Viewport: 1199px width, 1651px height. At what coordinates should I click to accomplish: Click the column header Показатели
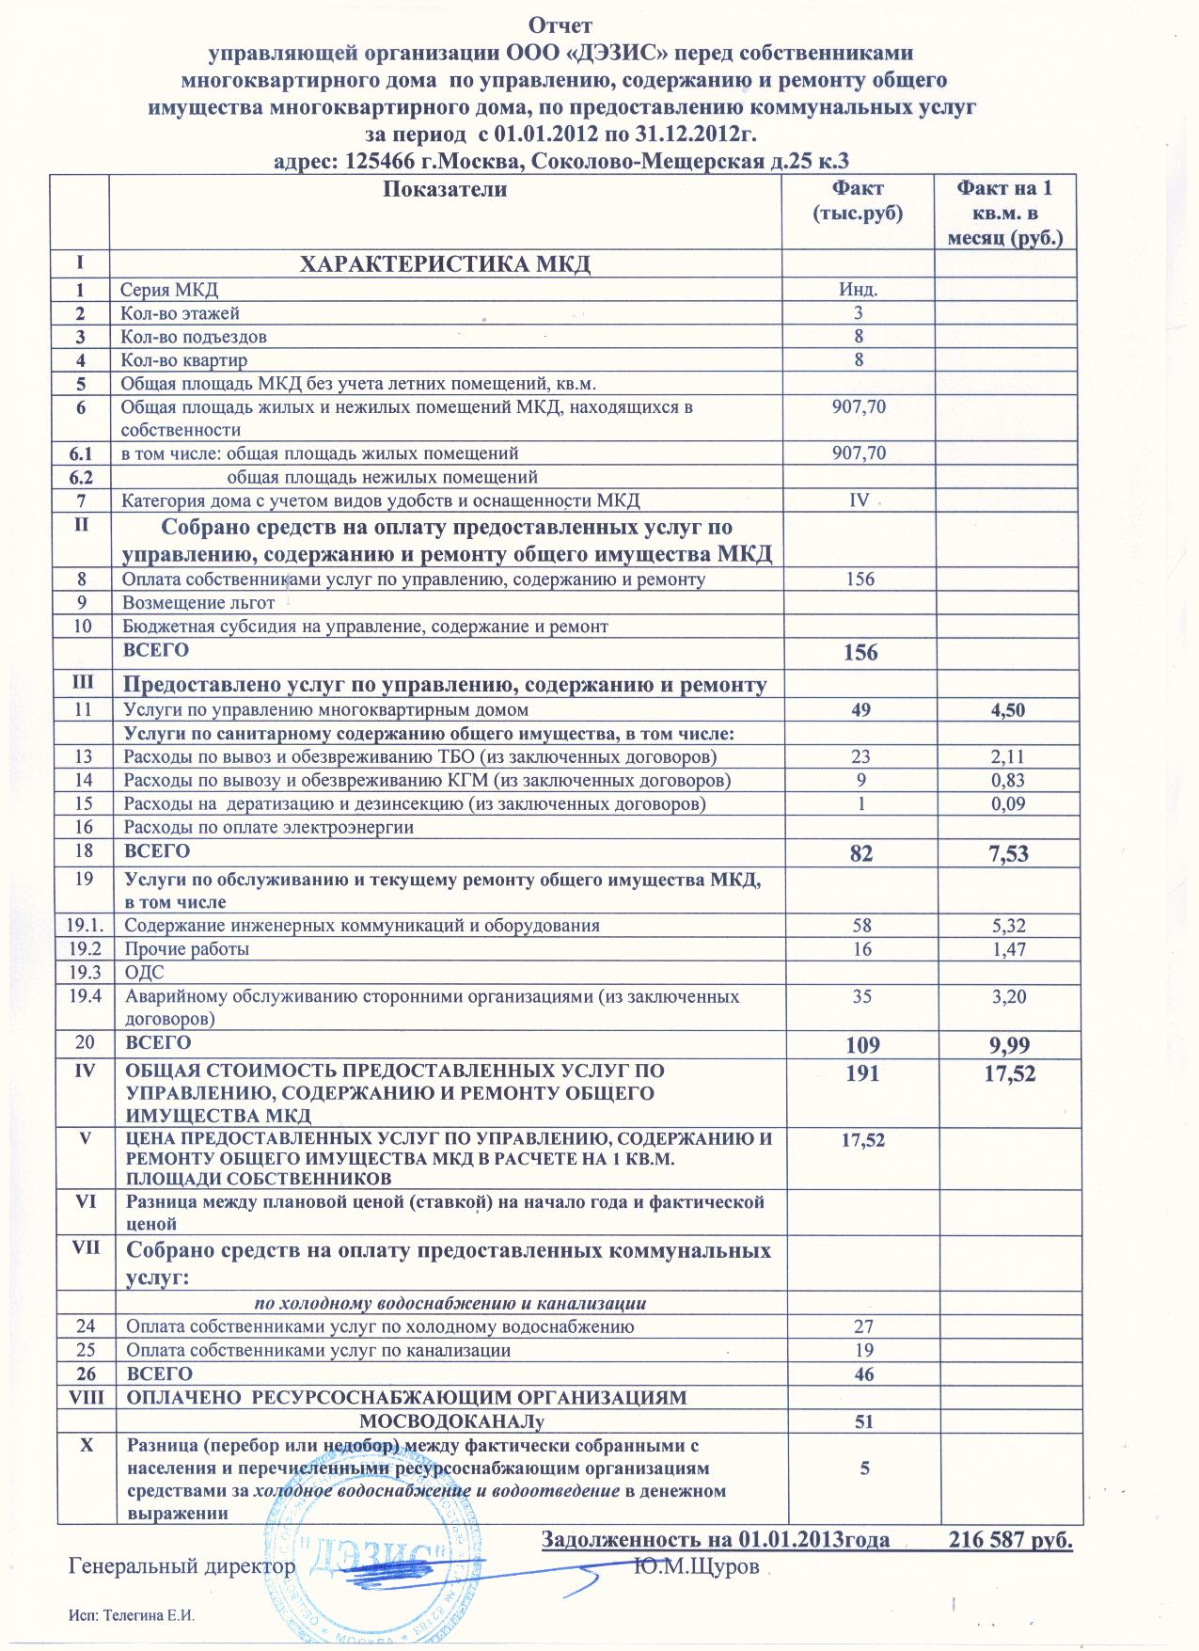(446, 189)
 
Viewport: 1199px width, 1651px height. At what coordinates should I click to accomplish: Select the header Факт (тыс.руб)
(857, 200)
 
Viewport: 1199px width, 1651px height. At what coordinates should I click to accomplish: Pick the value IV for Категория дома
(859, 500)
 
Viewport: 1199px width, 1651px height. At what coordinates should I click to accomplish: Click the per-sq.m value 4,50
(1006, 710)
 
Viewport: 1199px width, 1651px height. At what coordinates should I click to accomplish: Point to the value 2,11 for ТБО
(1006, 757)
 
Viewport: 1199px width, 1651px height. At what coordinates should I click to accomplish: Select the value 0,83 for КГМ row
(1006, 781)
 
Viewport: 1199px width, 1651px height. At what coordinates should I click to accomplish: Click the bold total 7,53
(1006, 854)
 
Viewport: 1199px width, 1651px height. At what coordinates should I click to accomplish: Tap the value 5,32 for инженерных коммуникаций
(1006, 926)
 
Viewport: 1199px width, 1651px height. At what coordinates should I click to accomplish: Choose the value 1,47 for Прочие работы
(1006, 949)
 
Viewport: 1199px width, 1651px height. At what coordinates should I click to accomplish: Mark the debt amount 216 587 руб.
(1011, 1541)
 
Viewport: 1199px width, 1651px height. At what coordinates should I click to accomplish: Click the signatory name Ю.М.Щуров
(696, 1566)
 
